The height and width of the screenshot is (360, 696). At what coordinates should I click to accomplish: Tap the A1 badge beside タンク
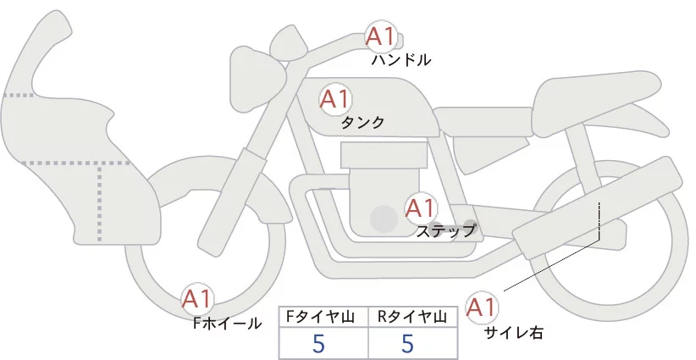click(334, 98)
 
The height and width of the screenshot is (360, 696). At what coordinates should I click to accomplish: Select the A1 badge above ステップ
click(421, 208)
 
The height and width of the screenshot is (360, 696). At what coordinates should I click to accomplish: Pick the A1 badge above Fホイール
click(198, 298)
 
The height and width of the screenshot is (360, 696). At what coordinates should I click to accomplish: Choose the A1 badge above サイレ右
click(483, 306)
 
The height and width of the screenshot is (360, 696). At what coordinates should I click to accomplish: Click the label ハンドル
click(401, 60)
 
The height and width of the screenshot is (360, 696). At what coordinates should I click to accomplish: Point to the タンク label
click(362, 122)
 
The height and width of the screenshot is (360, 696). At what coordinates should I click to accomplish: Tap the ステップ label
click(445, 230)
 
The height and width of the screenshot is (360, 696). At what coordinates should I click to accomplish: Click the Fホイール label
click(227, 323)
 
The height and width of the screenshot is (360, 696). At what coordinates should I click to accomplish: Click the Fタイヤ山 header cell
click(323, 317)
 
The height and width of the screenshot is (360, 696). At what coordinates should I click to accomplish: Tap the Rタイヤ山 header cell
click(412, 317)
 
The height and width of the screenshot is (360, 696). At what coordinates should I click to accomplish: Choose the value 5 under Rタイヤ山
click(407, 344)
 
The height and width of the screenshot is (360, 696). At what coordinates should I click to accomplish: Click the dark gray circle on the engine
click(385, 219)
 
